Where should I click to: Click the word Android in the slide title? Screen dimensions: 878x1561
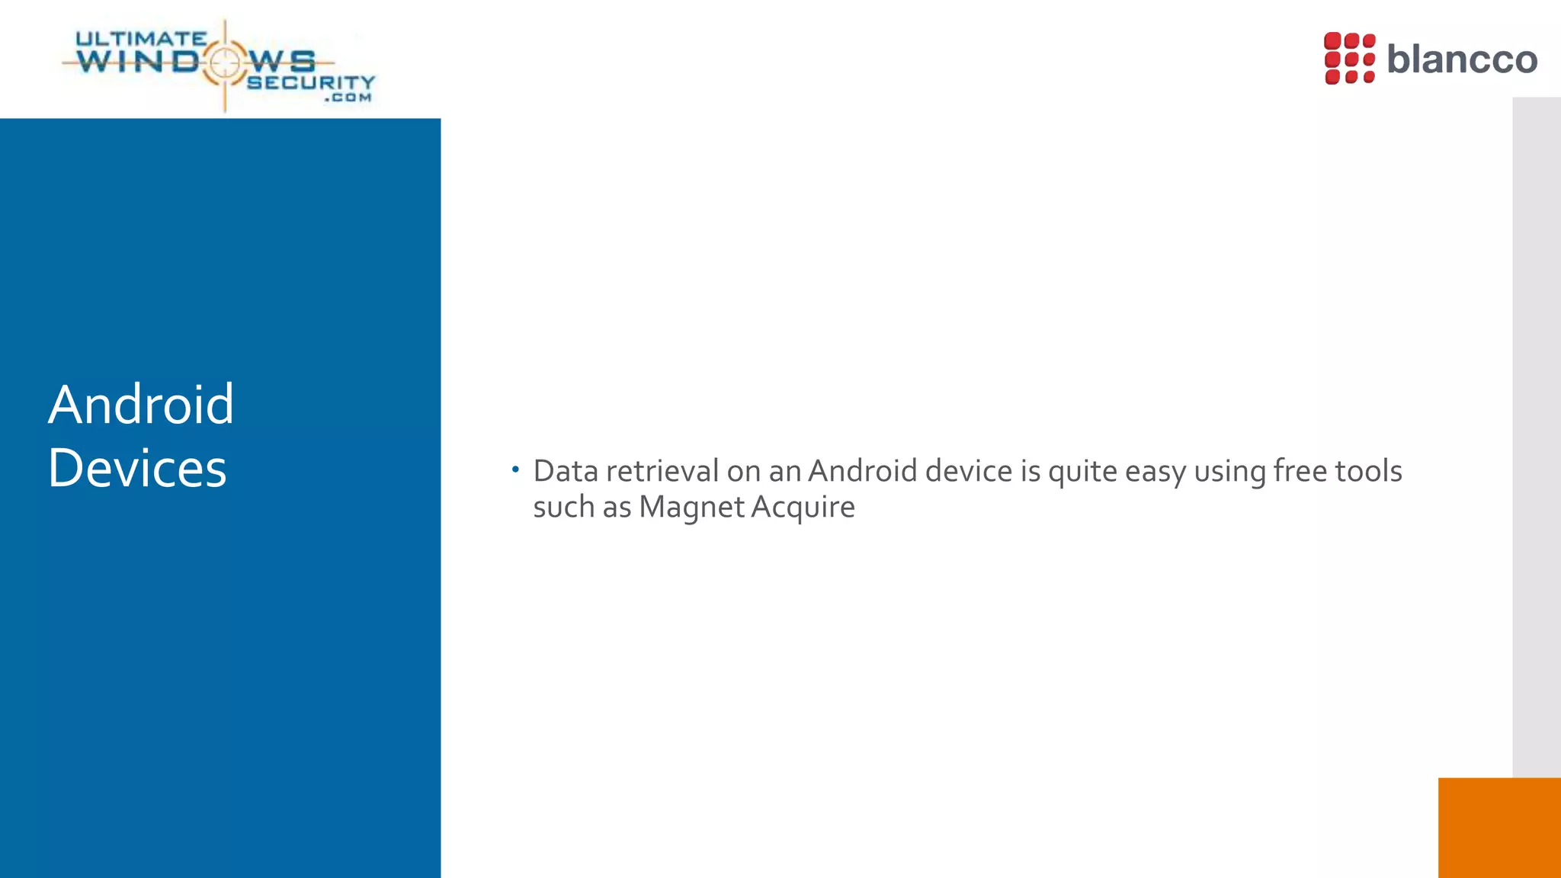click(x=141, y=404)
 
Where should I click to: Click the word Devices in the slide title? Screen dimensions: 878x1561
click(x=137, y=468)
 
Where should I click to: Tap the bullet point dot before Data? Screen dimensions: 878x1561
click(x=515, y=469)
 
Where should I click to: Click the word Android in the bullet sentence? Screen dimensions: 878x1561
click(x=862, y=471)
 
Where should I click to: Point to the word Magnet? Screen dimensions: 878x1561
click(x=691, y=508)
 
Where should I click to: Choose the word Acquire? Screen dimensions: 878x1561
click(x=803, y=508)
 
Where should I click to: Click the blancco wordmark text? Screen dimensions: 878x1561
click(x=1462, y=59)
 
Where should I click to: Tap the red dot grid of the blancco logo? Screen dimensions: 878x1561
click(x=1349, y=58)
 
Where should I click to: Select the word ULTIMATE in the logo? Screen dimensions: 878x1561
click(x=141, y=38)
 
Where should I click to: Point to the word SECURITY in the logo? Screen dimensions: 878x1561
click(x=311, y=82)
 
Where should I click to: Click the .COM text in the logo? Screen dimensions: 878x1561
click(x=348, y=98)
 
